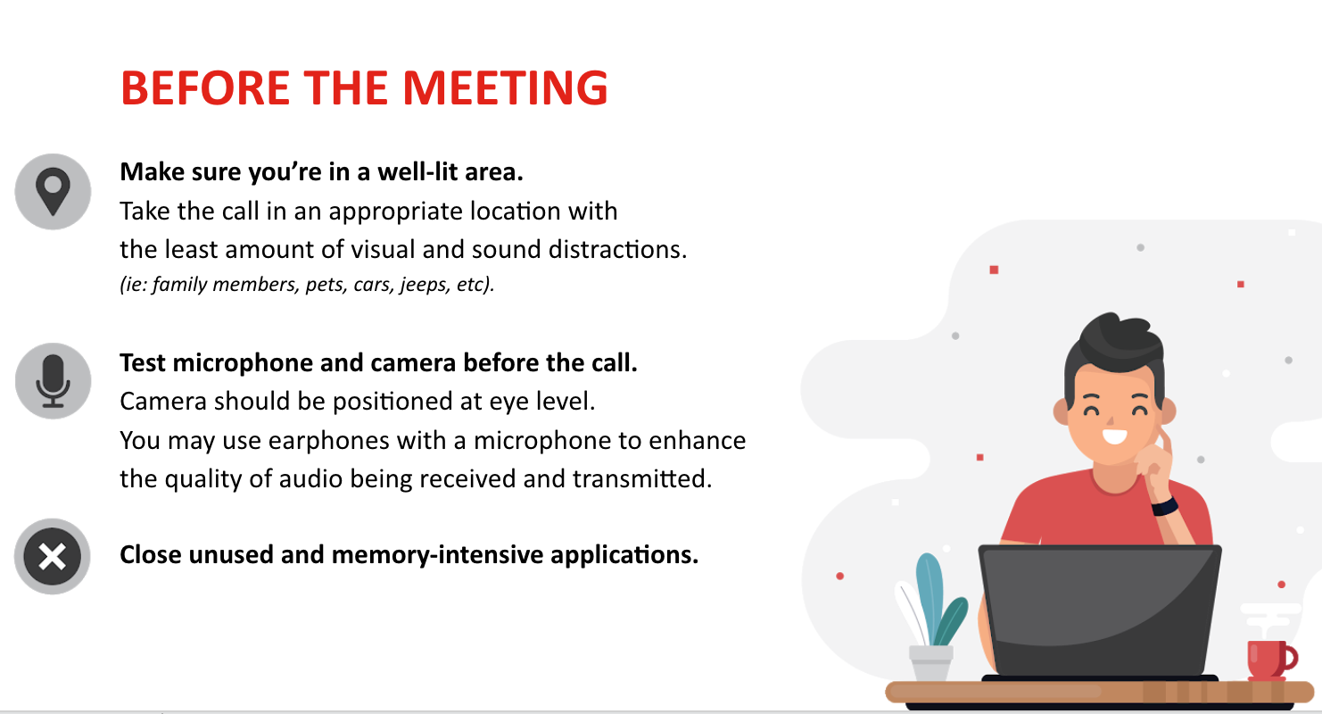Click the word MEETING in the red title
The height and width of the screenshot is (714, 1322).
tap(505, 88)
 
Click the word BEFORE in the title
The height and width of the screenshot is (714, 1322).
tap(205, 88)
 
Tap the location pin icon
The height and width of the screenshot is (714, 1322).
tap(54, 191)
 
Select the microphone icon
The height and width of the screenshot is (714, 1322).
tap(54, 381)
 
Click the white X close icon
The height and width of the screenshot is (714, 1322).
tap(52, 556)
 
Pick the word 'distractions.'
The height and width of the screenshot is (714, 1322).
tap(618, 249)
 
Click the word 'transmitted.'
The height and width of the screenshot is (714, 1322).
tap(642, 479)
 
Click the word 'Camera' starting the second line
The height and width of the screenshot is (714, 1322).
tap(163, 402)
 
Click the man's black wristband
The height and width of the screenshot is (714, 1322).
tap(1164, 506)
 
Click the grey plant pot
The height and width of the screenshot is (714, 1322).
tap(930, 663)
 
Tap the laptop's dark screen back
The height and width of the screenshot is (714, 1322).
tap(1099, 610)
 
